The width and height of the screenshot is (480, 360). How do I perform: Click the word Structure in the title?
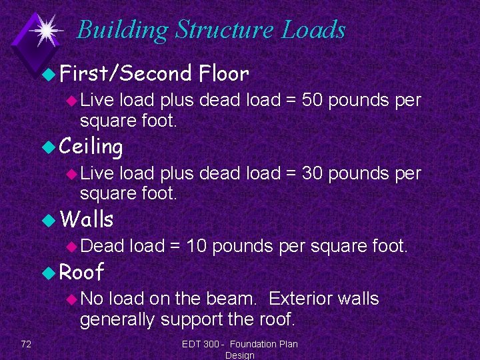[x=225, y=30]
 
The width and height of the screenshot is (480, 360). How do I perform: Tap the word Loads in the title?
[x=313, y=30]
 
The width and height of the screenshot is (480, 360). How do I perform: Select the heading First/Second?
[x=125, y=73]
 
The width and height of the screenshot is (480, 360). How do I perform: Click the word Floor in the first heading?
[x=223, y=73]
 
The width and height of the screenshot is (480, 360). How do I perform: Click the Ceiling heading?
[x=91, y=146]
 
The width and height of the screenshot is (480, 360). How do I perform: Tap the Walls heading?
[x=86, y=219]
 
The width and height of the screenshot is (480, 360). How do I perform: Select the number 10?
[x=198, y=247]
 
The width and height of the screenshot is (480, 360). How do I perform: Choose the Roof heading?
[x=81, y=271]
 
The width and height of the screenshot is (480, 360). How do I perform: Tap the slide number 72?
[x=26, y=344]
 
